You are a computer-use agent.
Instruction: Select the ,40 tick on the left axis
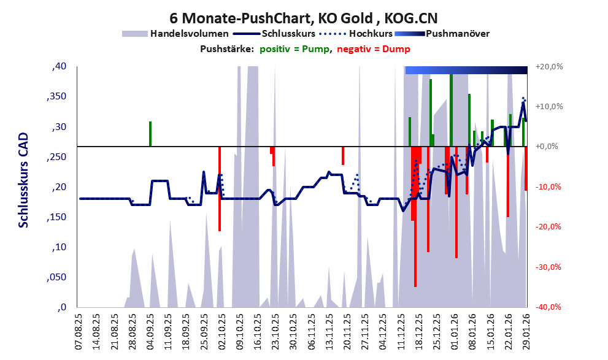[x=59, y=66]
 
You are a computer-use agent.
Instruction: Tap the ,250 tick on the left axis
[x=56, y=157]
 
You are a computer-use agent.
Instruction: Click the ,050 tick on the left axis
[x=56, y=278]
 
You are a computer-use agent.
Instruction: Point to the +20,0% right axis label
[x=549, y=66]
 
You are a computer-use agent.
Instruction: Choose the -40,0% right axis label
[x=549, y=307]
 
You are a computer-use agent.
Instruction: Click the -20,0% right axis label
[x=549, y=227]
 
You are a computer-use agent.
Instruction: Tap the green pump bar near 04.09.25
[x=150, y=134]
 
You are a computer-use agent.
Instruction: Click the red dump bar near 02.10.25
[x=220, y=189]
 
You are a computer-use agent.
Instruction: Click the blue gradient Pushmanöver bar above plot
[x=466, y=70]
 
